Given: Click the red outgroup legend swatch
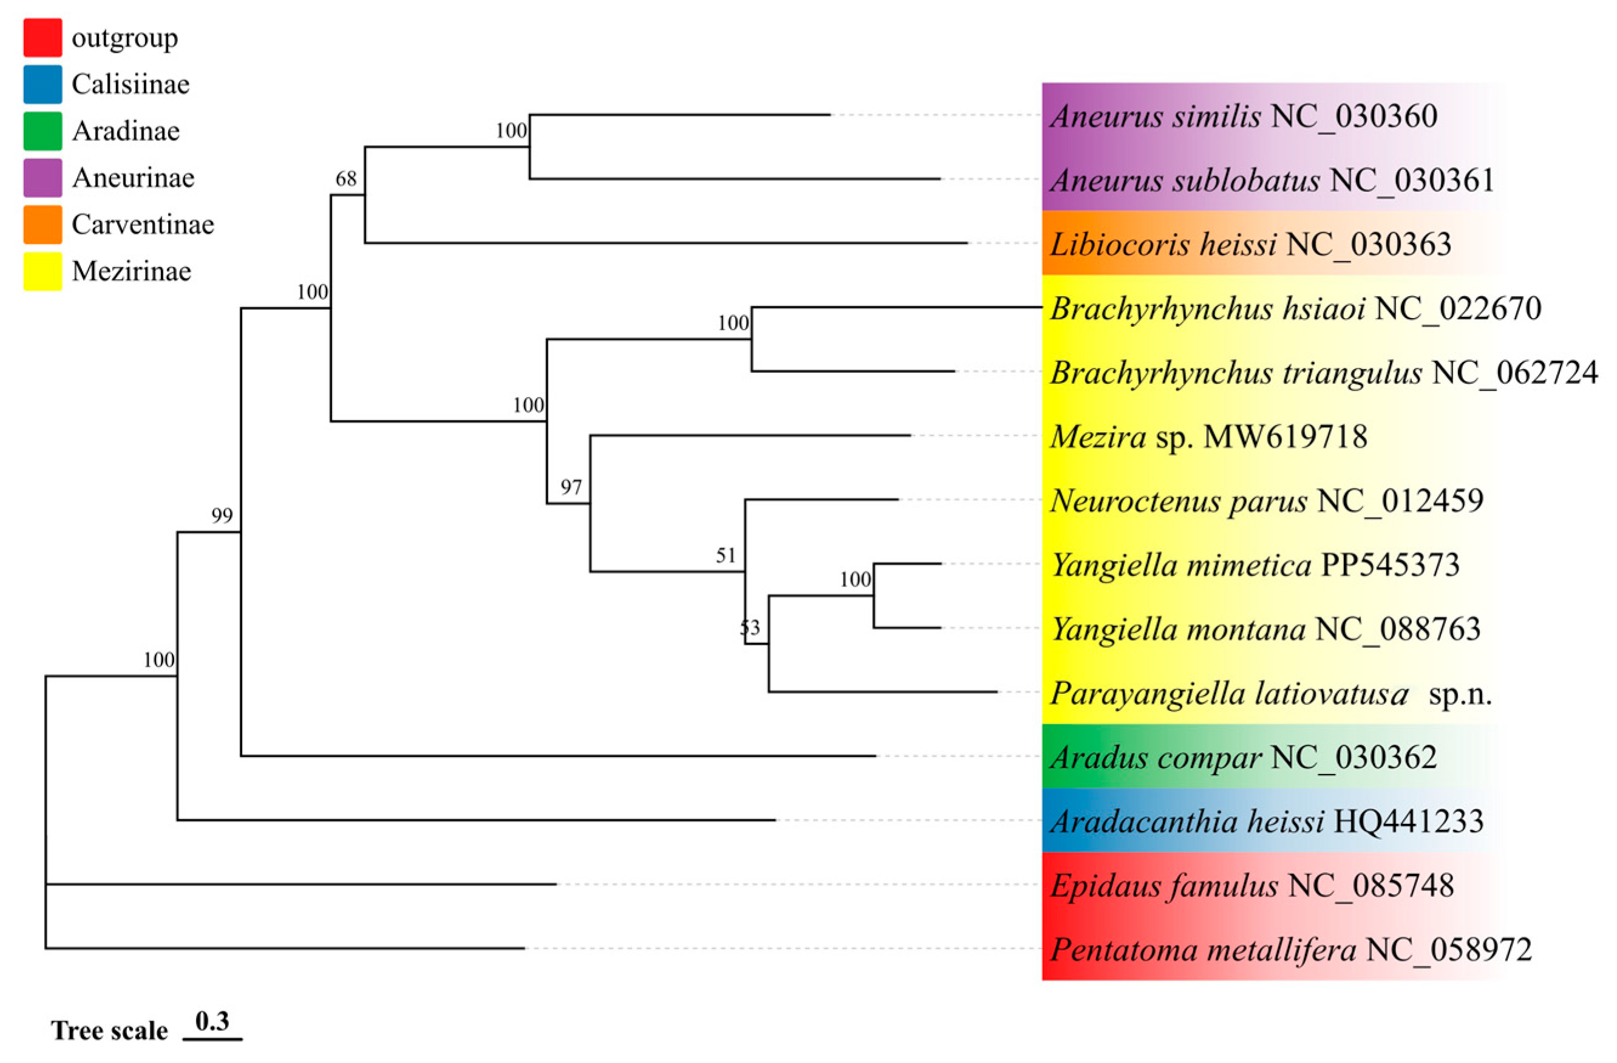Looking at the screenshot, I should click(42, 38).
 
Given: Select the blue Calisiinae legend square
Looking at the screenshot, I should click(42, 84).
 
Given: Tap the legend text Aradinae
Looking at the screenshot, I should click(126, 131).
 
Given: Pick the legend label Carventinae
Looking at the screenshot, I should click(143, 224).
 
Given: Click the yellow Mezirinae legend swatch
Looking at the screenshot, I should click(42, 271).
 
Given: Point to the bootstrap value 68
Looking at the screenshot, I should click(346, 178).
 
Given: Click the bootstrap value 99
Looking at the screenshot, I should click(222, 516).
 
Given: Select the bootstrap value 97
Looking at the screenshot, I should click(571, 487).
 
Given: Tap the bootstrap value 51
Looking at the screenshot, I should click(725, 556).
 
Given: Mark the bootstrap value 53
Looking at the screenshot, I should click(750, 627).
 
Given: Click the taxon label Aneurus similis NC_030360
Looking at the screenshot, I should click(1243, 116).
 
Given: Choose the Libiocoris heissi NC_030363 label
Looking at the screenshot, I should click(1250, 245).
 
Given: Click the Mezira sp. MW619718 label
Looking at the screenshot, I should click(1209, 437).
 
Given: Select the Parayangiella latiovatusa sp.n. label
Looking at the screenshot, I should click(1270, 694).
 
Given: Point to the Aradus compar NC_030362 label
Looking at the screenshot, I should click(1243, 758).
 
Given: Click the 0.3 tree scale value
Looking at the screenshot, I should click(212, 1022).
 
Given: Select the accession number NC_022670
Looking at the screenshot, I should click(1458, 309).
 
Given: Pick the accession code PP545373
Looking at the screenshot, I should click(1390, 565).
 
